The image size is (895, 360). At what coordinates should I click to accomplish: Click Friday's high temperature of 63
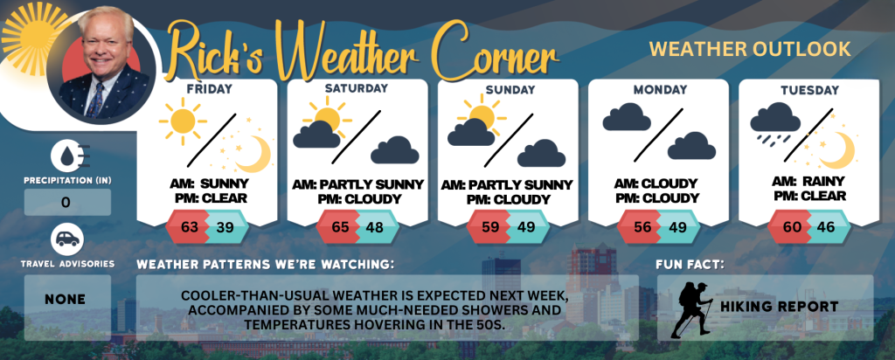[x=189, y=227]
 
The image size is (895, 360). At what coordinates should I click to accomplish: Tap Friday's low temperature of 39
[x=225, y=227]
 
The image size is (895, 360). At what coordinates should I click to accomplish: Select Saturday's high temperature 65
[x=340, y=227]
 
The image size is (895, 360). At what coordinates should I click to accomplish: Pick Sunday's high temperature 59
[x=490, y=227]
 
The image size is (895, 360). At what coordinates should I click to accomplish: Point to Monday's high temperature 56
[x=642, y=227]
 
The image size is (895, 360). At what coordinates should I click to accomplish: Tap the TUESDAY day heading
[x=802, y=90]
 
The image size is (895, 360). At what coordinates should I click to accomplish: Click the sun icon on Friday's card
[x=183, y=121]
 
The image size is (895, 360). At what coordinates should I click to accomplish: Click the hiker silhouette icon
[x=691, y=309]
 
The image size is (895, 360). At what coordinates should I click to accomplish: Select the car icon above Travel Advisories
[x=67, y=239]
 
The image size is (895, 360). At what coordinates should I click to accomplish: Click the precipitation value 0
[x=66, y=203]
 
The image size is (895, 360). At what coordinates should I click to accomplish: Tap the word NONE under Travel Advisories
[x=65, y=300]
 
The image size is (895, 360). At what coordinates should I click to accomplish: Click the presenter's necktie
[x=95, y=100]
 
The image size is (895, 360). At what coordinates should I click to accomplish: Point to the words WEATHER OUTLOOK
[x=750, y=49]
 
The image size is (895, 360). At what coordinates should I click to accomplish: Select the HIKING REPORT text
[x=780, y=307]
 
